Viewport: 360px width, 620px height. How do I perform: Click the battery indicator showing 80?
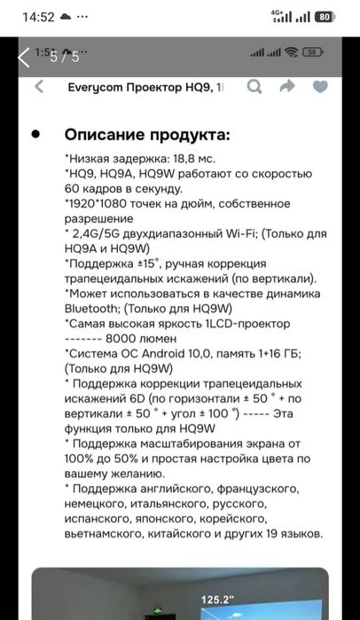pyautogui.click(x=324, y=16)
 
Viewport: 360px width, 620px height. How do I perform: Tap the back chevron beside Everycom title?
pyautogui.click(x=38, y=87)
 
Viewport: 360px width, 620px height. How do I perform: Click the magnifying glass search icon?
pyautogui.click(x=254, y=87)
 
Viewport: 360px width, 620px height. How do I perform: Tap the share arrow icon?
pyautogui.click(x=287, y=87)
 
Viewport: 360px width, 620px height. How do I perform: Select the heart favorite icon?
pyautogui.click(x=320, y=87)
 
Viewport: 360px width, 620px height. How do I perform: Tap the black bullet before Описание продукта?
pyautogui.click(x=35, y=135)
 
